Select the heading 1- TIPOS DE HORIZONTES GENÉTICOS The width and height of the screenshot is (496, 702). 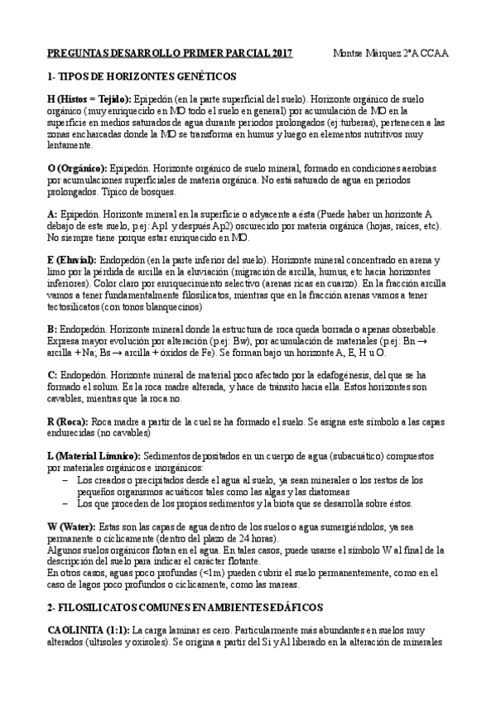(x=142, y=76)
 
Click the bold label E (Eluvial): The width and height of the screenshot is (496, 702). (x=72, y=259)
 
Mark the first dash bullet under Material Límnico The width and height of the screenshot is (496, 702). (x=66, y=479)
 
